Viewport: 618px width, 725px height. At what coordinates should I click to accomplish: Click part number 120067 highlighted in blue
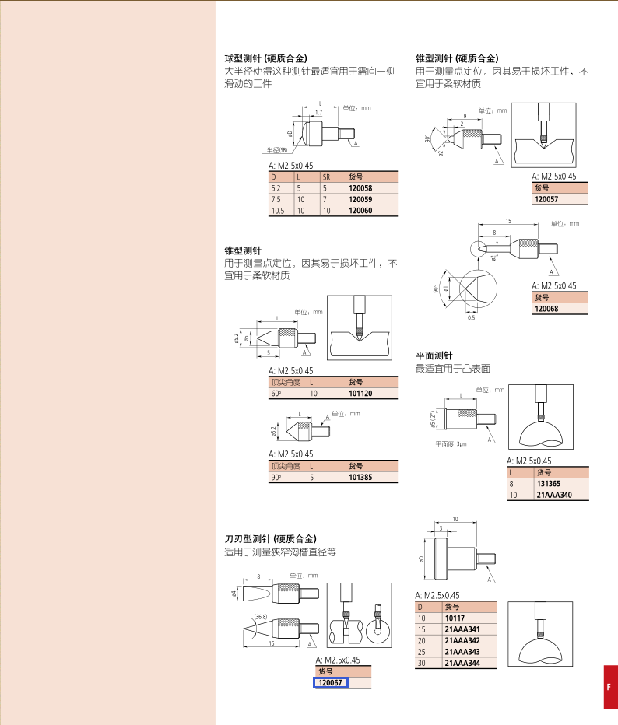330,683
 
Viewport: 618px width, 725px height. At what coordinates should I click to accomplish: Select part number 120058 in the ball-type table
360,188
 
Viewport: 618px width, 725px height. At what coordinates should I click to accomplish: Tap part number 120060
360,210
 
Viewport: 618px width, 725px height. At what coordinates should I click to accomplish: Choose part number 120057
546,199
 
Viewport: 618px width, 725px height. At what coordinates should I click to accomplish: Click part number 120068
546,309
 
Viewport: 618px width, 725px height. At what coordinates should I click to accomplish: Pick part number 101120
360,394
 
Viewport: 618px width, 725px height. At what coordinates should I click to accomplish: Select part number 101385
360,477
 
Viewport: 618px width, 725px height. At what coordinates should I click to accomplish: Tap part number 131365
548,484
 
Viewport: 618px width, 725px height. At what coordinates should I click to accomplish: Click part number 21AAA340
554,495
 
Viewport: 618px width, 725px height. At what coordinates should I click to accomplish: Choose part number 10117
455,618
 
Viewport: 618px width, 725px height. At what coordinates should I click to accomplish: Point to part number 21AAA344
462,663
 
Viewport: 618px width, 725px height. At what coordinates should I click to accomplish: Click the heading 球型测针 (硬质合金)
266,58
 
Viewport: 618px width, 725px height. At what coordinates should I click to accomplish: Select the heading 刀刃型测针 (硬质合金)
271,539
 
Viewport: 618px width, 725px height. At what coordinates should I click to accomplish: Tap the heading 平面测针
434,355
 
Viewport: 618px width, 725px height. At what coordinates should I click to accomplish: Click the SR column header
327,177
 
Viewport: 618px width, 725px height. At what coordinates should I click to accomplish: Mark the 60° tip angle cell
276,394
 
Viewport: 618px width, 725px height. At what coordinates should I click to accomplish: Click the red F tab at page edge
610,687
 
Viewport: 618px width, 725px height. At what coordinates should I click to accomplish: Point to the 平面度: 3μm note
451,444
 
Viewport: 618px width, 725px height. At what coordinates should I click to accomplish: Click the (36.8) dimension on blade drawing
261,617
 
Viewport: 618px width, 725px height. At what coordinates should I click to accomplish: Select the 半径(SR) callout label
277,150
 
